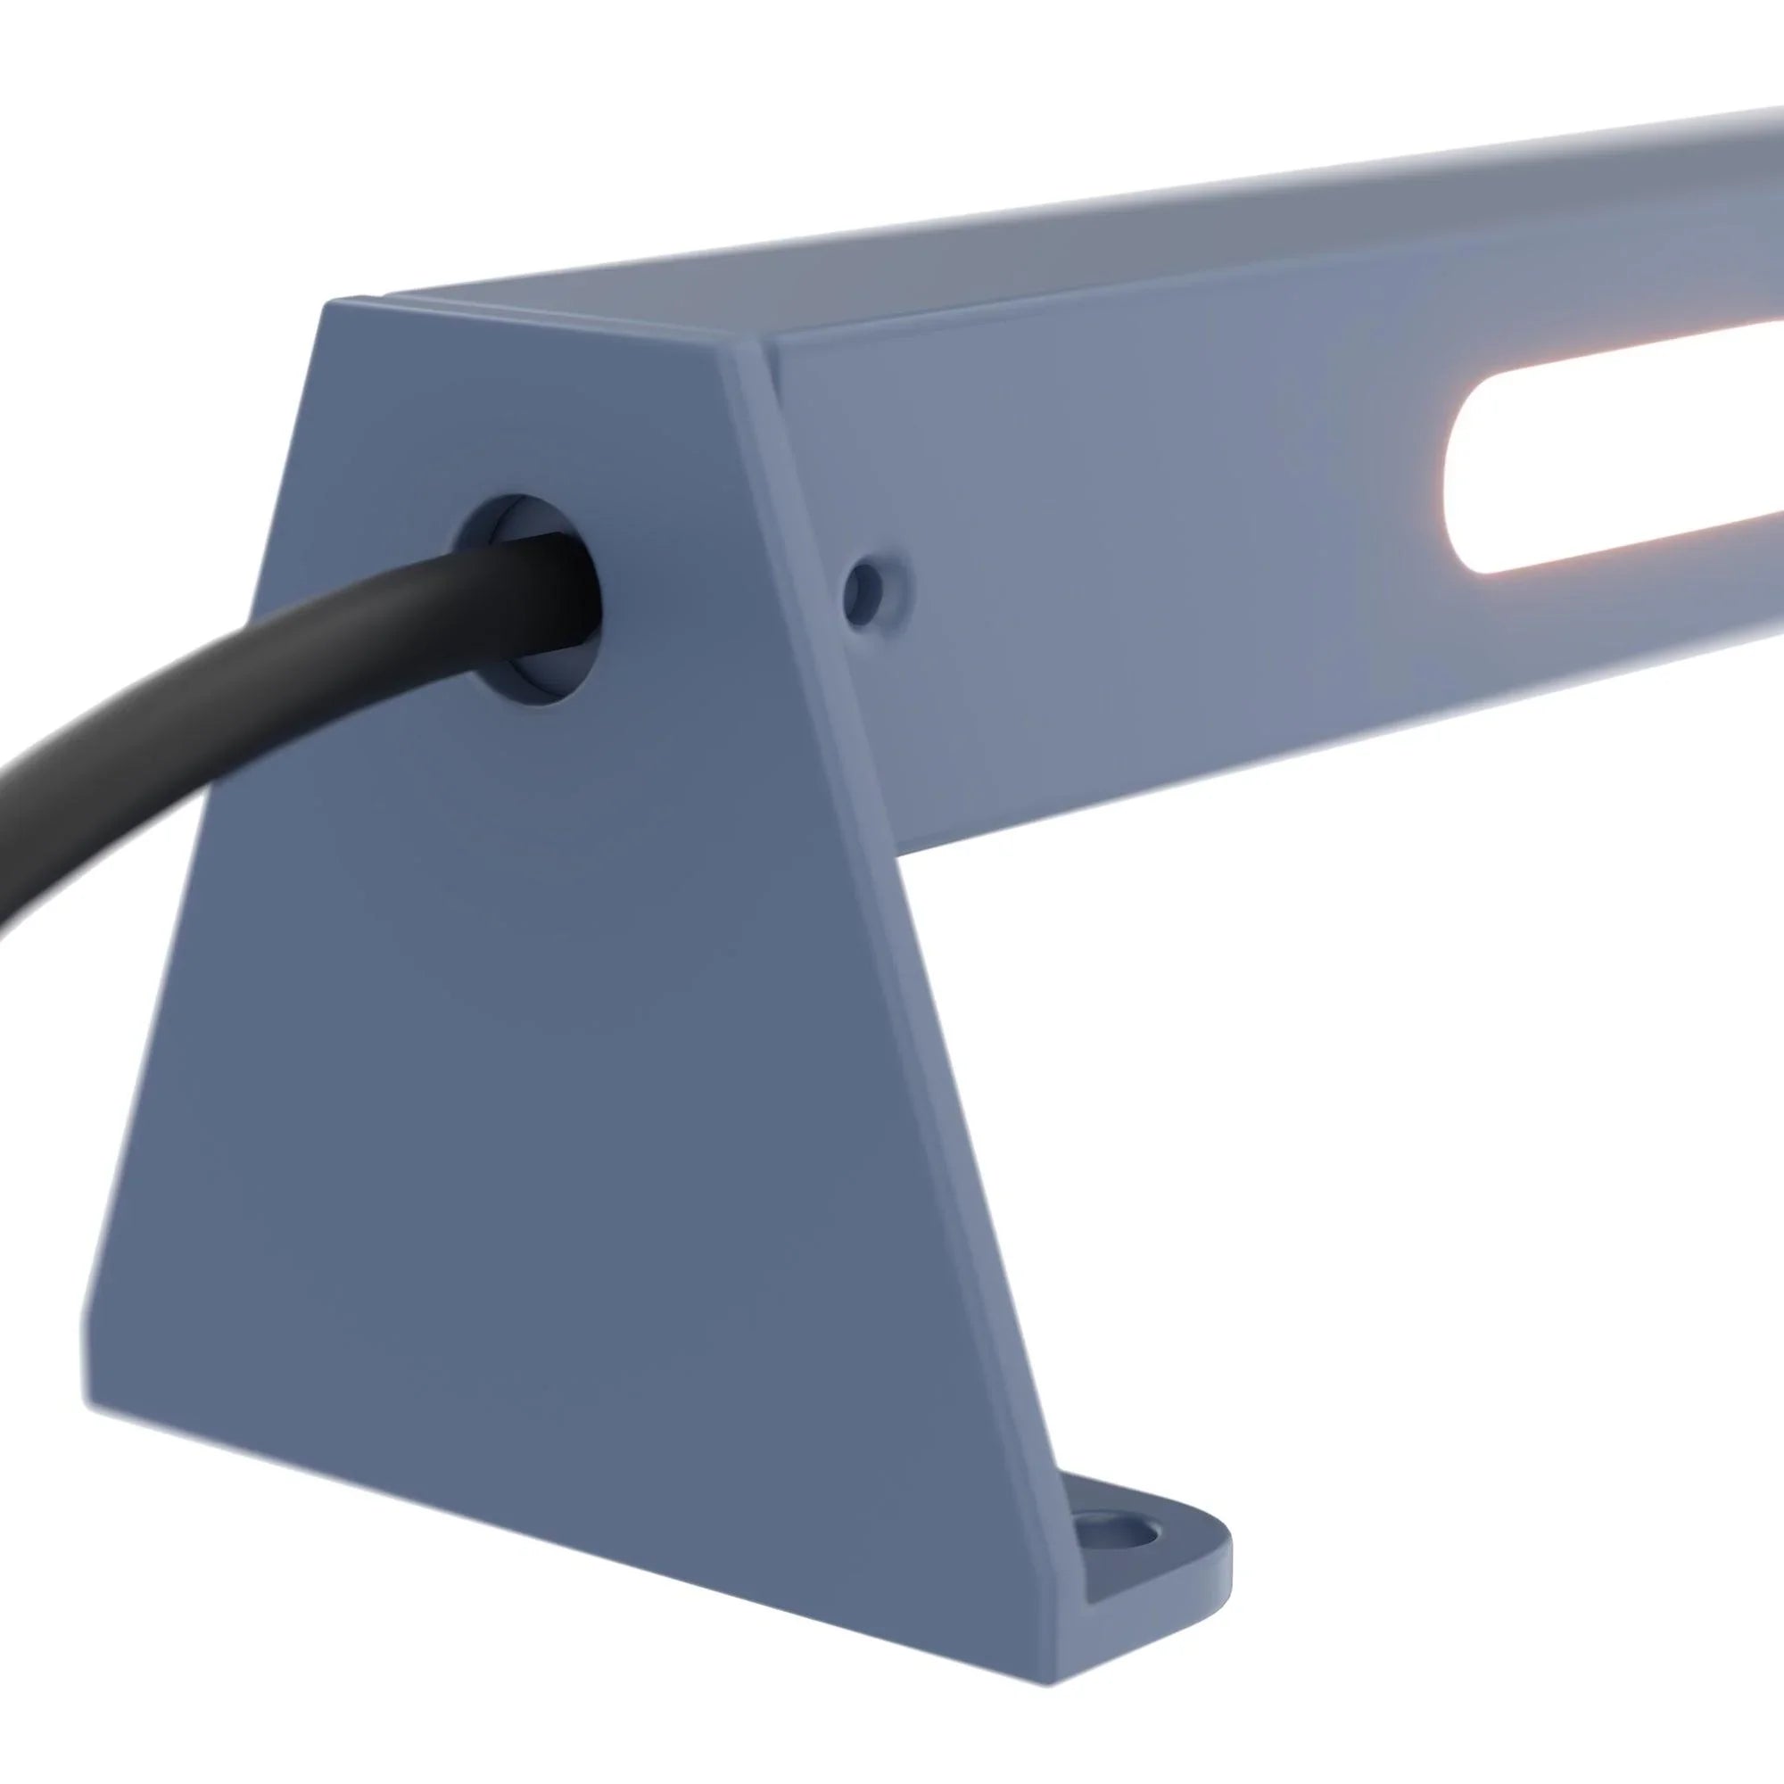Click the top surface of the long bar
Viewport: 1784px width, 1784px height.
tap(1108, 250)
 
